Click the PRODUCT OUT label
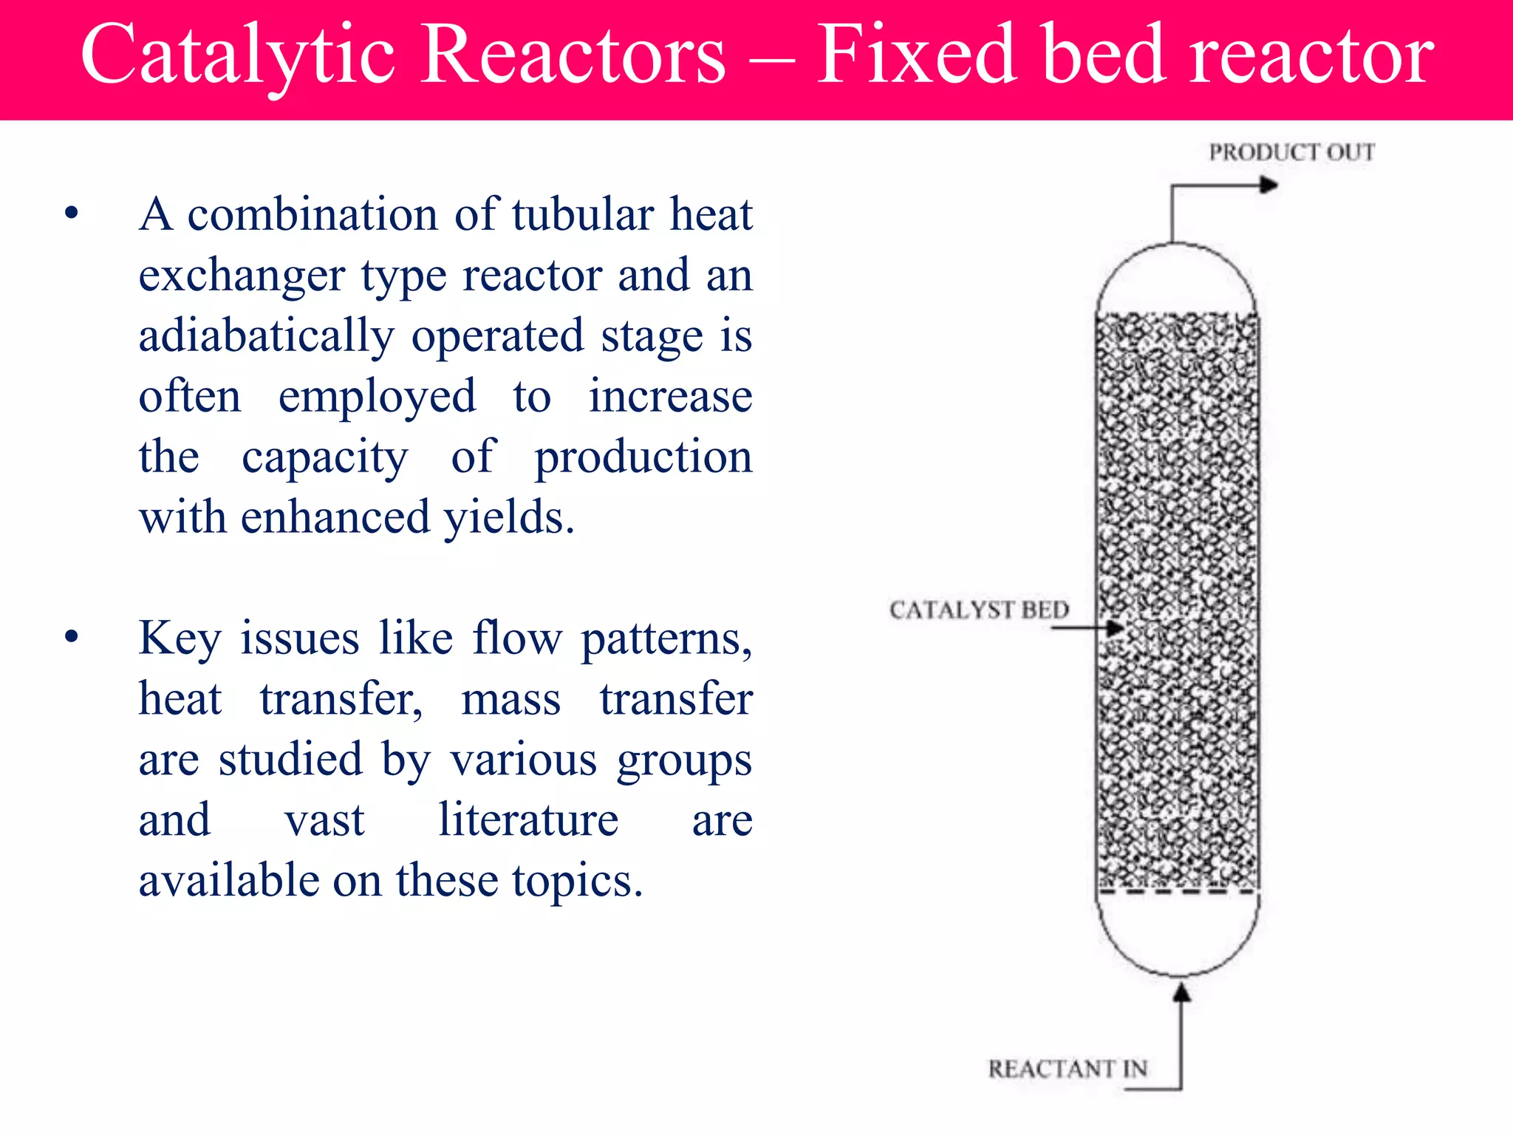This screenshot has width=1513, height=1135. [1291, 152]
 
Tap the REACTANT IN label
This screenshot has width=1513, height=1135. [1068, 1068]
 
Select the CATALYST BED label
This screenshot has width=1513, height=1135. [979, 610]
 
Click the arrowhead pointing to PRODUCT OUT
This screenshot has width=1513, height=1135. [1268, 185]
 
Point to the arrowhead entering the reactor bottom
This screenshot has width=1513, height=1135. [1181, 992]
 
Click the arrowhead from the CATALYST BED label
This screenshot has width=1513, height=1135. [1115, 628]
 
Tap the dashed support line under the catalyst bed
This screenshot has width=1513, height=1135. [1178, 892]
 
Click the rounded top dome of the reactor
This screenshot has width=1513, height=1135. [1176, 277]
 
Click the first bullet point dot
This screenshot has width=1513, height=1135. [72, 214]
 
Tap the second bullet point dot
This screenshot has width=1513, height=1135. [72, 637]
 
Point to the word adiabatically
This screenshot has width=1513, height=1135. [267, 336]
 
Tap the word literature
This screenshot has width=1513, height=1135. [528, 819]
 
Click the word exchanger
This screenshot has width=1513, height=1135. [242, 276]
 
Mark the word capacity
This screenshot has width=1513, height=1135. [324, 457]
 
